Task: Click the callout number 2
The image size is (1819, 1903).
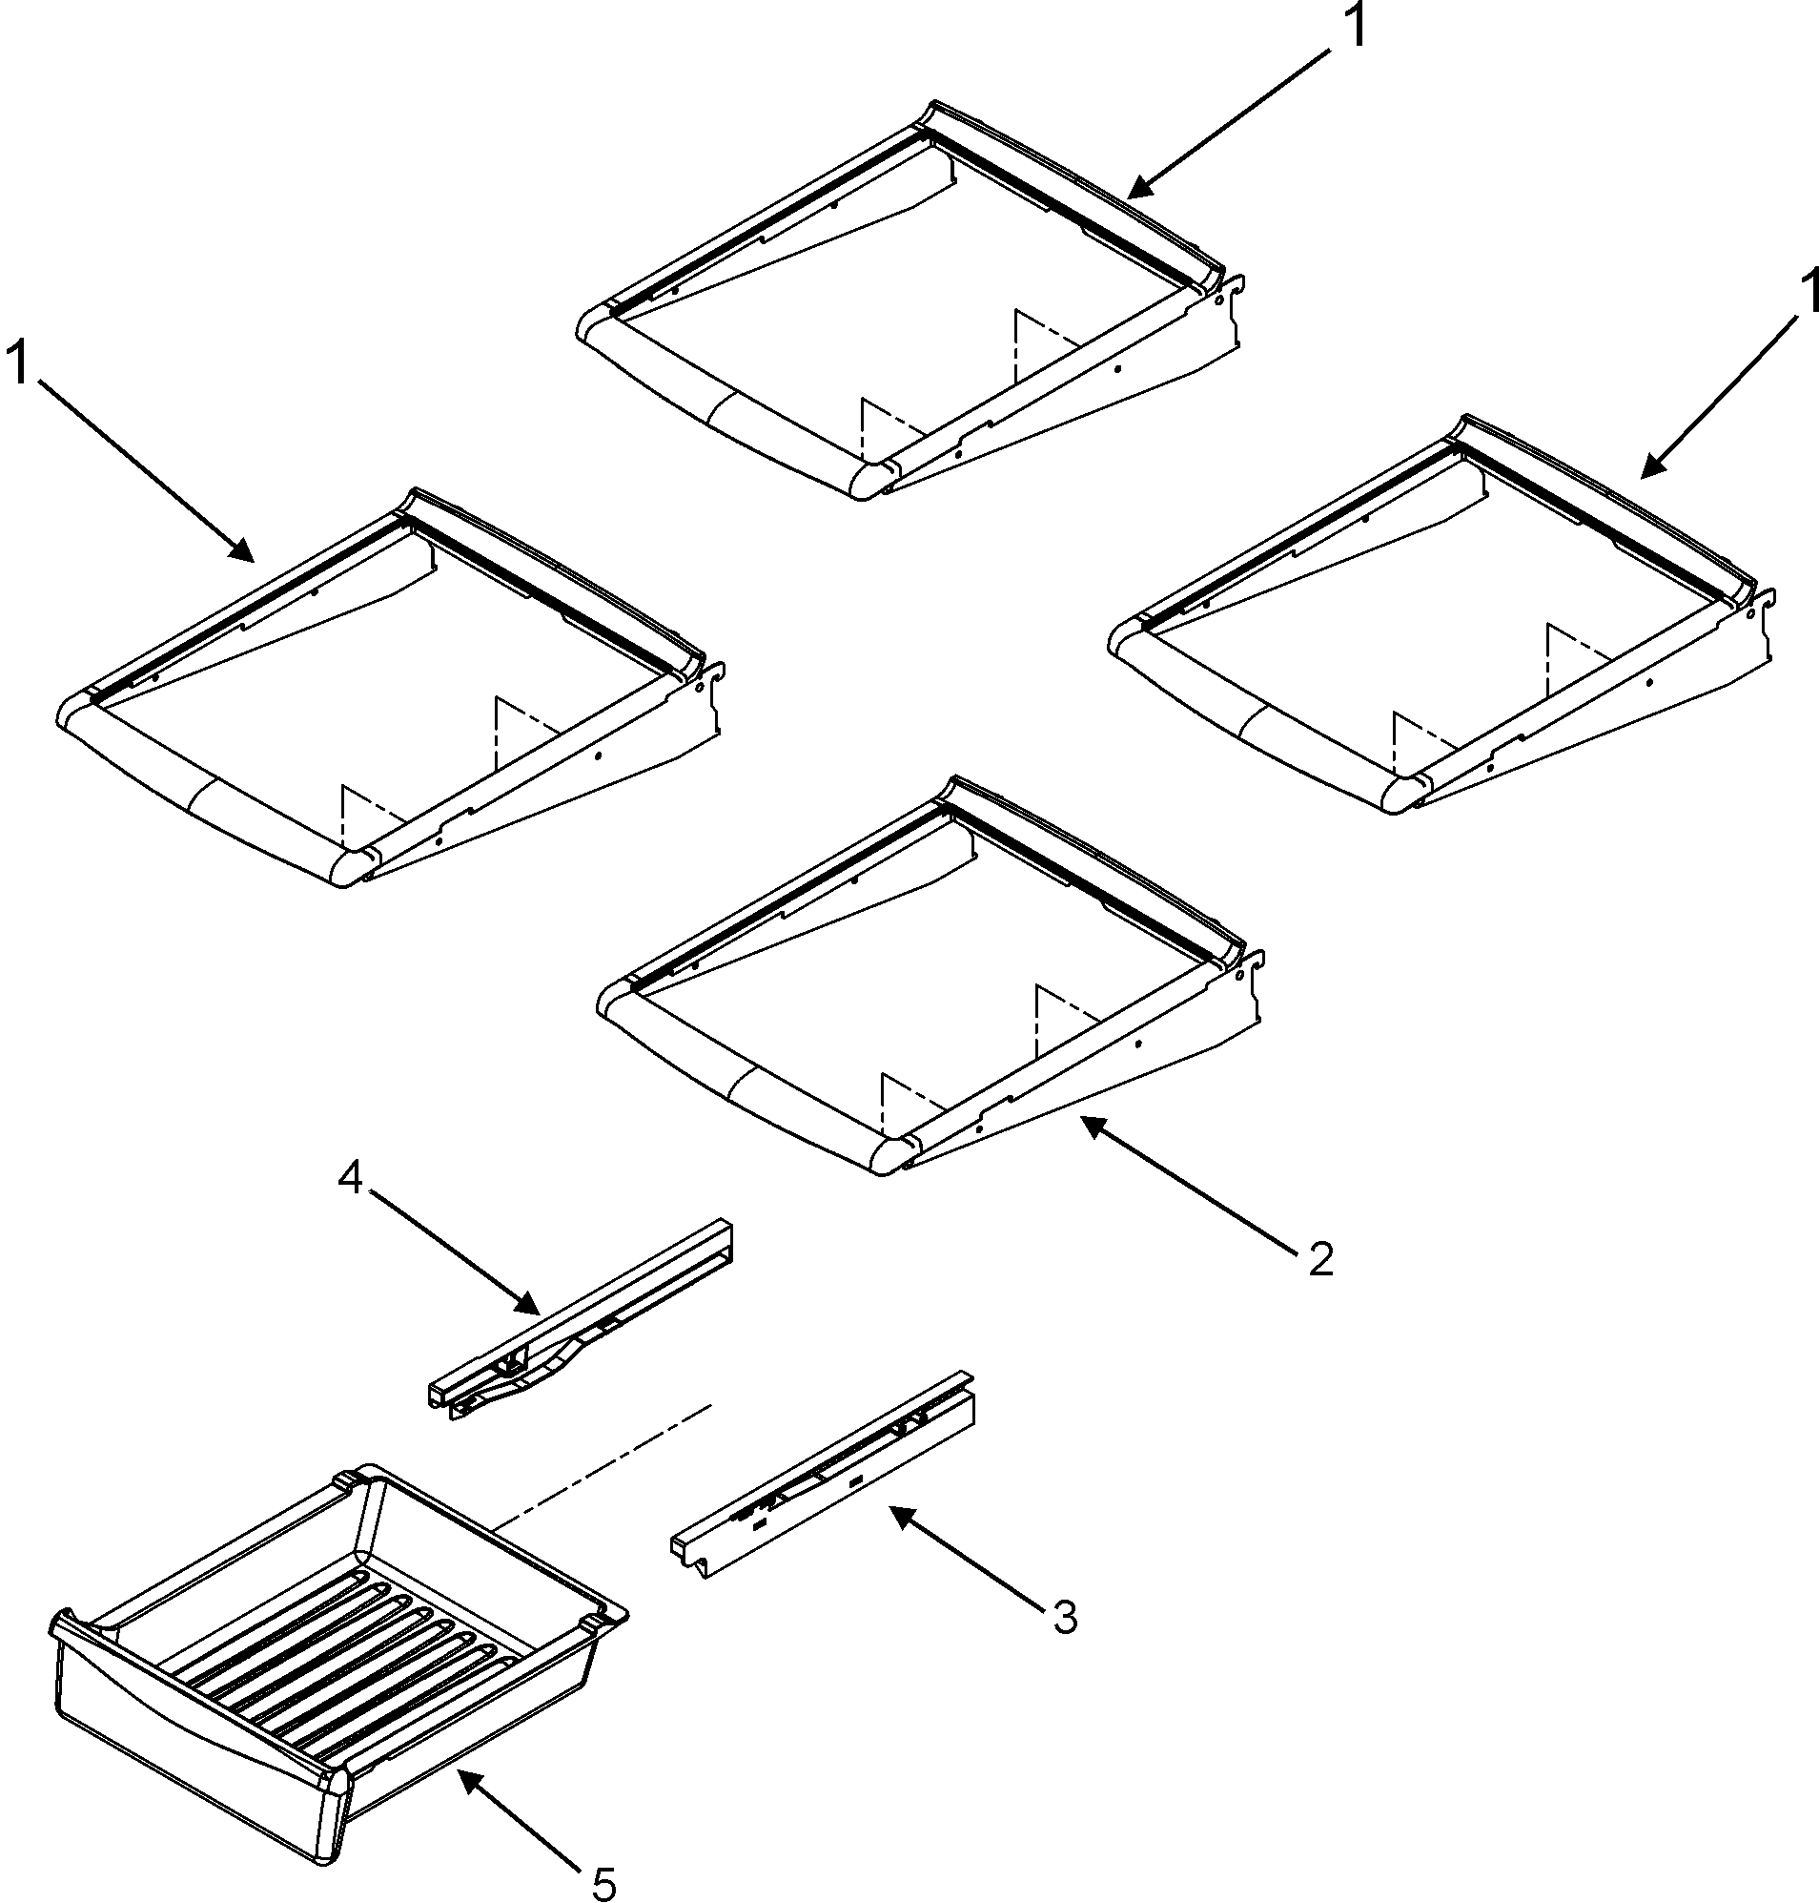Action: (1320, 1260)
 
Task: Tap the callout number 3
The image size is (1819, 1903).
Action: (1065, 1617)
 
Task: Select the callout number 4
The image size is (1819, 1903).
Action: (350, 1178)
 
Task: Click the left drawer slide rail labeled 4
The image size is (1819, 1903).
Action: (582, 1319)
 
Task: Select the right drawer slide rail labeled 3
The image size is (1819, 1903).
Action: (824, 1475)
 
